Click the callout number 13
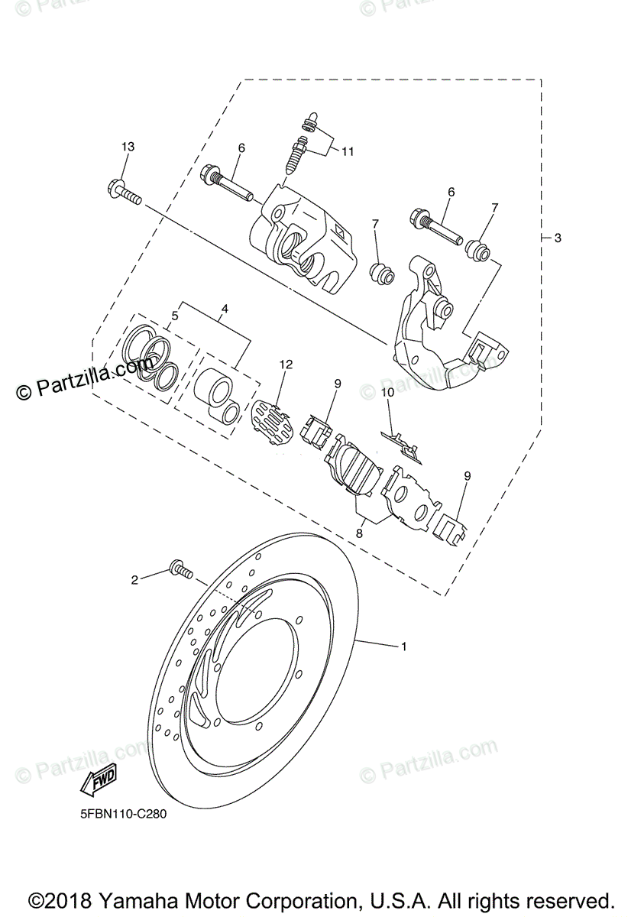click(x=127, y=147)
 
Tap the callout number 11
click(x=348, y=151)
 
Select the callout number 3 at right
click(x=558, y=238)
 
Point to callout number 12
click(x=286, y=365)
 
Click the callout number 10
click(x=387, y=392)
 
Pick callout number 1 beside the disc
click(x=404, y=646)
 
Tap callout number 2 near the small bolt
click(x=134, y=580)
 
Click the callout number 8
click(x=359, y=534)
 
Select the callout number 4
click(x=225, y=309)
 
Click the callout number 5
click(x=175, y=314)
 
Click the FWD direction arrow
click(x=97, y=781)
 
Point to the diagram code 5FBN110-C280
click(x=123, y=815)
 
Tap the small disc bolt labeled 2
click(x=180, y=569)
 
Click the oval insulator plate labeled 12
click(x=273, y=420)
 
